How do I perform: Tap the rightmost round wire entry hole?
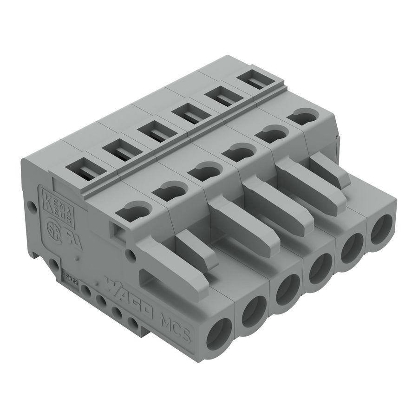[x=381, y=231]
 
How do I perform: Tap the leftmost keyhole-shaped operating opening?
[x=133, y=212]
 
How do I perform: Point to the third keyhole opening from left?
[x=202, y=170]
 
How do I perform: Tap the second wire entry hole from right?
[x=352, y=248]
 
